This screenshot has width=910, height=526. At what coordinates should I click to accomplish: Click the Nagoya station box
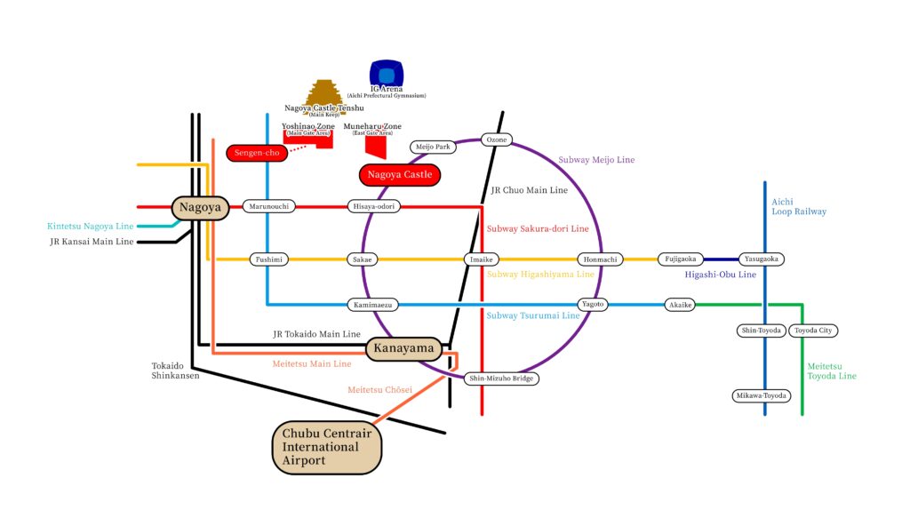point(200,207)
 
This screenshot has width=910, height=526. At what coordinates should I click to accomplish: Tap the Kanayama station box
point(404,348)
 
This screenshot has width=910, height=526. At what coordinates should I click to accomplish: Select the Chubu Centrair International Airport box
point(327,448)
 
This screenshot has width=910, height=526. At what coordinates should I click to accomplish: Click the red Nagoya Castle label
point(399,175)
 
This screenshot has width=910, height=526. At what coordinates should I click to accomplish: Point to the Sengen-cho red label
point(258,154)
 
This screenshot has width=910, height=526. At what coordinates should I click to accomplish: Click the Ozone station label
point(497,139)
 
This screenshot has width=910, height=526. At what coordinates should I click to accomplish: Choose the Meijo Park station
point(433,147)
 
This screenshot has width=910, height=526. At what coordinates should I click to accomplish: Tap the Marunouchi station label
point(267,206)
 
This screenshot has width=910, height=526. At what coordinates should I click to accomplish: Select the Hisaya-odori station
point(374,206)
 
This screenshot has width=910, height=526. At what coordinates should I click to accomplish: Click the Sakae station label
point(363,259)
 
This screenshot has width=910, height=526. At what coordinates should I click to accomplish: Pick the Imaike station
point(481,259)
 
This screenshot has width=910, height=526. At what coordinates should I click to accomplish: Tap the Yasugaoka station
point(762,259)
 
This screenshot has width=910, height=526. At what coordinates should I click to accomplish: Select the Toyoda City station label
point(813,331)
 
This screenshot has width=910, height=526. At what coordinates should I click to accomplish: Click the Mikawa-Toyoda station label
point(762,395)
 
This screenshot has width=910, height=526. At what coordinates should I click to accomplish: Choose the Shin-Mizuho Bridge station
point(503,379)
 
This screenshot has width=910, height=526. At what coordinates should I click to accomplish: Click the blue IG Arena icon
point(387,73)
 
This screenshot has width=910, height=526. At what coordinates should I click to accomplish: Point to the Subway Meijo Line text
point(596,160)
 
